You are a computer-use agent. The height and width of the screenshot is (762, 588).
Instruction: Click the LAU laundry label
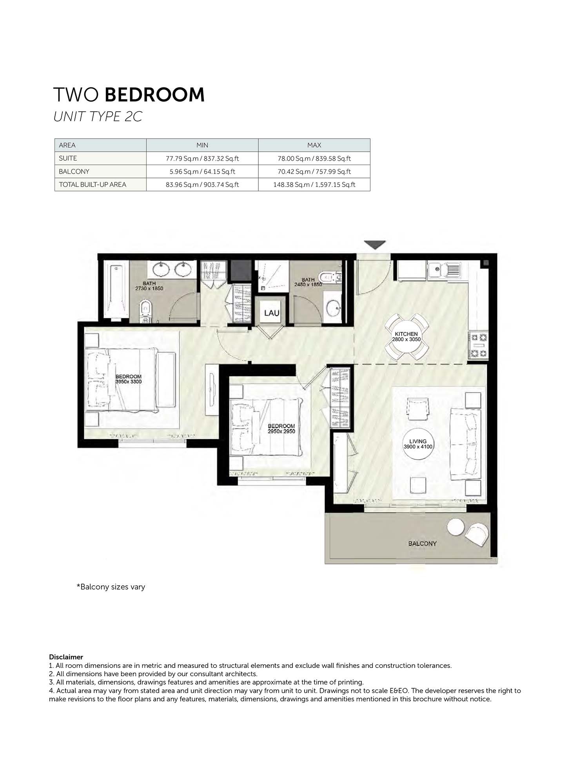coord(272,313)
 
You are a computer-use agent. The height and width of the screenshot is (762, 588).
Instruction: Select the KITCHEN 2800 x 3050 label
coord(406,337)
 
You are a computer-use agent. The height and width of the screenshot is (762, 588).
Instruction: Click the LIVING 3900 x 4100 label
coord(418,444)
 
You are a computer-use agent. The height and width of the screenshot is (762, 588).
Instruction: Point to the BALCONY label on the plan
coord(422,544)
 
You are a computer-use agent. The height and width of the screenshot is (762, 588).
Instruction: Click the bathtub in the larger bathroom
coord(116,291)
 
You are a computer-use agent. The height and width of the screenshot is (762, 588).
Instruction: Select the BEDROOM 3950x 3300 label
coord(129,379)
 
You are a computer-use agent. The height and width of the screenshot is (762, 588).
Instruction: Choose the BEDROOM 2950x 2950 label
coord(281,428)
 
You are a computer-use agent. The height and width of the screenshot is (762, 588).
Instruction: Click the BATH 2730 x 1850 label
coord(149,286)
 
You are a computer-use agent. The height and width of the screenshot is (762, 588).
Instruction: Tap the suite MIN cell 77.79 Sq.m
coord(202,158)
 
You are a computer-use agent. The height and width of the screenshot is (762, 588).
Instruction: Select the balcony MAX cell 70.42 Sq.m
coord(314,171)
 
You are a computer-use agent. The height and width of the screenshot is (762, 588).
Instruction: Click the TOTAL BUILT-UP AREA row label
coord(93,184)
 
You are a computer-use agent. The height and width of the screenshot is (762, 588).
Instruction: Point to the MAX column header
coord(314,145)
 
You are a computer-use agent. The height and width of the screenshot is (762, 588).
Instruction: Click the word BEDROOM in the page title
coord(155,95)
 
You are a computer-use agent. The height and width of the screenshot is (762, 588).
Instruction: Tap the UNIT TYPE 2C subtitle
coord(98,116)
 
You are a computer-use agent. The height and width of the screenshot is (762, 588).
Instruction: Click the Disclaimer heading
coord(66,657)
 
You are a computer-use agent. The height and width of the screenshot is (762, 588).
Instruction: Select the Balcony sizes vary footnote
coord(111,587)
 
